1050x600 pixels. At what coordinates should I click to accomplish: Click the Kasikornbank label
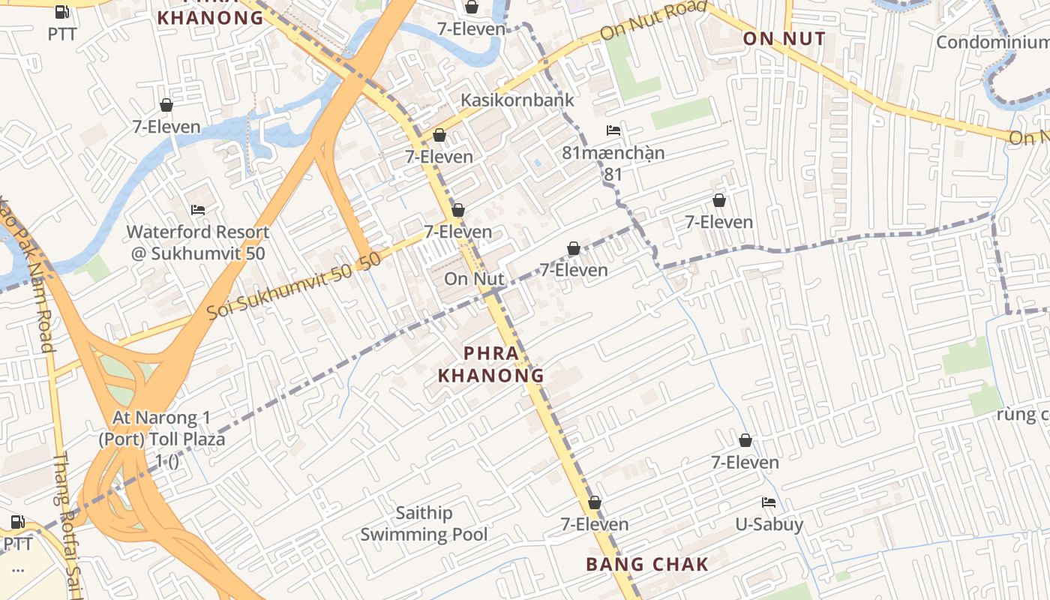click(x=517, y=100)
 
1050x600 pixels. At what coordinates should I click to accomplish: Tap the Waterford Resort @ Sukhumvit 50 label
click(x=198, y=242)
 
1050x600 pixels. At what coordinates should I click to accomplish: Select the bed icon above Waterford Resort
click(x=198, y=209)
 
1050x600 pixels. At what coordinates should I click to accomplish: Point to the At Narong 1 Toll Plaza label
click(x=162, y=439)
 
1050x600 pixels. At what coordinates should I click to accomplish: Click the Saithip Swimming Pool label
click(x=424, y=523)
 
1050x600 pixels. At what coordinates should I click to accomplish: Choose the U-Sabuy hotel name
click(x=769, y=524)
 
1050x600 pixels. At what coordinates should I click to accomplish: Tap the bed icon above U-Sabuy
click(x=769, y=502)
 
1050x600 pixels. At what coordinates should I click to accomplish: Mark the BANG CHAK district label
click(x=647, y=564)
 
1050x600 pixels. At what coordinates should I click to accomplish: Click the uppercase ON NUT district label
click(x=784, y=39)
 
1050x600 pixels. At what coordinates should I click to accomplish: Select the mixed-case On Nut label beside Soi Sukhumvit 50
click(x=474, y=278)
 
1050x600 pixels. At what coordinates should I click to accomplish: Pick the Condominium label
click(x=992, y=42)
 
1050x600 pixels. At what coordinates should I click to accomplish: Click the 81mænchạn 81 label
click(x=613, y=163)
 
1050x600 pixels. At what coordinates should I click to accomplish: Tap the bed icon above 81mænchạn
click(x=613, y=130)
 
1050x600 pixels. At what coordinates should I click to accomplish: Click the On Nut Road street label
click(x=654, y=20)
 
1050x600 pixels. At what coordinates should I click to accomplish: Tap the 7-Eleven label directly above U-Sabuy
click(x=745, y=462)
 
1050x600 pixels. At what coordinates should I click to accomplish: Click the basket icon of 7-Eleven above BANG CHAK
click(x=595, y=502)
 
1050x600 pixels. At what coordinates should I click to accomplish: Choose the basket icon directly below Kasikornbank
click(x=439, y=135)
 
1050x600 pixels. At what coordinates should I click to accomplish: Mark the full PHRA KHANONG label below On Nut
click(x=491, y=364)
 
